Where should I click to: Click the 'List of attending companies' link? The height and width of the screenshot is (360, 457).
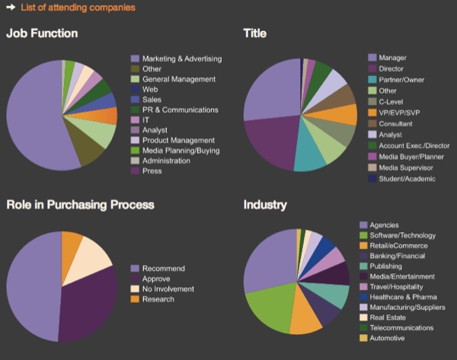point(78,8)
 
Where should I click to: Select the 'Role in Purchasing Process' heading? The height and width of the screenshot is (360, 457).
point(80,205)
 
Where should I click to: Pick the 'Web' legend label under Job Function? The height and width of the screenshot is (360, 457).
point(150,90)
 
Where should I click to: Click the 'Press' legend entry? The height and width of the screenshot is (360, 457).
point(152,171)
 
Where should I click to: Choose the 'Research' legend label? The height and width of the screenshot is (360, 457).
point(158,299)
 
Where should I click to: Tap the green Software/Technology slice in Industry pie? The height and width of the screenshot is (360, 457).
point(263,308)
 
